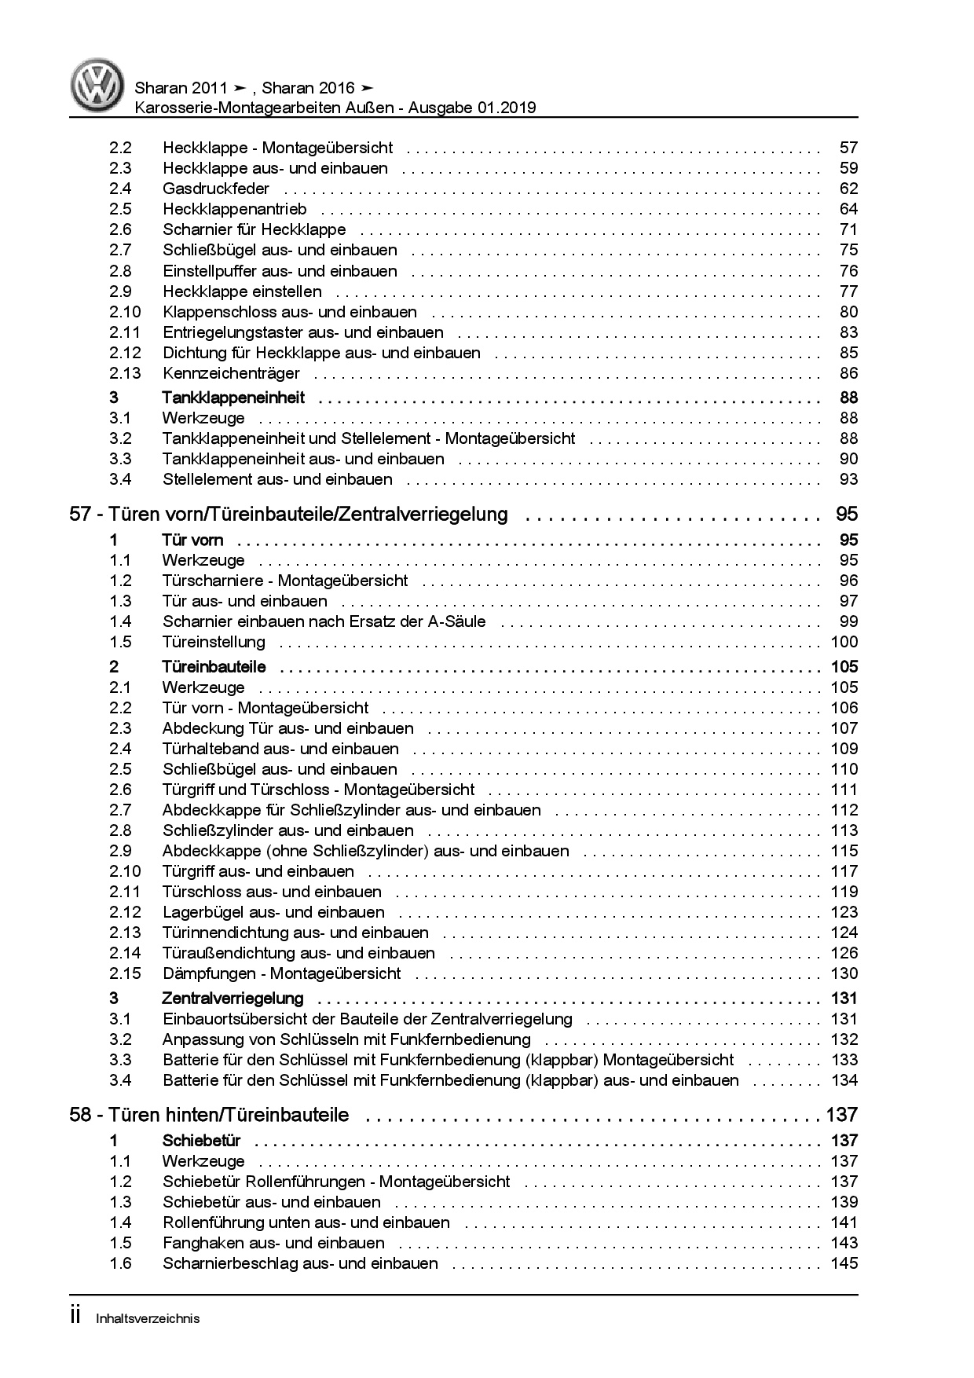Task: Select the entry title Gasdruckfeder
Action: point(216,189)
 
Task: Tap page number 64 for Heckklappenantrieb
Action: point(848,209)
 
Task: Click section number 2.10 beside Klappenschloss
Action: point(126,312)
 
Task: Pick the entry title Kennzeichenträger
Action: point(231,373)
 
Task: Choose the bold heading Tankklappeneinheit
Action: point(233,398)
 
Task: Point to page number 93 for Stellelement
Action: point(848,479)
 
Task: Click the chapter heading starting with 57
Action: point(289,515)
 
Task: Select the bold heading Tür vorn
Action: point(192,540)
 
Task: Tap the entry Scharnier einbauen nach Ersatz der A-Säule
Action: point(324,621)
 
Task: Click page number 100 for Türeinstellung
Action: point(844,642)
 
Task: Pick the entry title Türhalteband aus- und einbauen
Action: point(280,749)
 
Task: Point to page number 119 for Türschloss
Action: point(844,892)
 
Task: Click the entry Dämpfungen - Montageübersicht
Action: point(281,973)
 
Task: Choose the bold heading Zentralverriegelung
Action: point(233,999)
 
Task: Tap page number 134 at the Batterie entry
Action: point(844,1080)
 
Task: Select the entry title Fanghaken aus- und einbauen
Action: point(273,1243)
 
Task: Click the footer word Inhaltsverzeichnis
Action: point(148,1319)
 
